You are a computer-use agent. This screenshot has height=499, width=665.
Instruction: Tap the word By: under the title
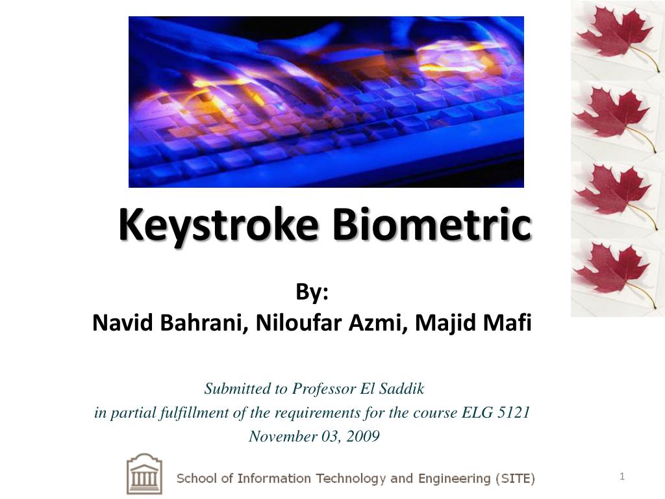(x=312, y=293)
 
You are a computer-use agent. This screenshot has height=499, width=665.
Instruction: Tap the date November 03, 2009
(x=314, y=436)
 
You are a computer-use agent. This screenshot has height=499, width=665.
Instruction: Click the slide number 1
(x=621, y=478)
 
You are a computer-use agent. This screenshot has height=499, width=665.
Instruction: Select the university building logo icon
(x=144, y=474)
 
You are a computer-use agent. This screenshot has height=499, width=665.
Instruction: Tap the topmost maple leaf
(x=614, y=36)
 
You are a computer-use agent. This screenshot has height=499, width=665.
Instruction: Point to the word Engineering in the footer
(x=454, y=479)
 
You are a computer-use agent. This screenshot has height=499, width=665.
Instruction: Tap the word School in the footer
(x=197, y=479)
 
